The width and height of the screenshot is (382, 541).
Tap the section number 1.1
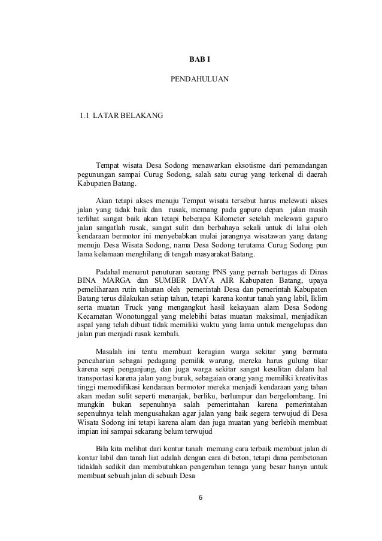81,114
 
